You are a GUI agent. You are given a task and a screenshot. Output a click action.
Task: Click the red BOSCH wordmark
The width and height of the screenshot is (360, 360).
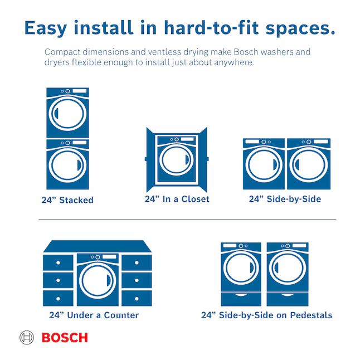65,338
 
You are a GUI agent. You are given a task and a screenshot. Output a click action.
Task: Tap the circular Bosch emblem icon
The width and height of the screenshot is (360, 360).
27,338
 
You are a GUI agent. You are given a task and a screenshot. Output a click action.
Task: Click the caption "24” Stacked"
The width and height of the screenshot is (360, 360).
67,200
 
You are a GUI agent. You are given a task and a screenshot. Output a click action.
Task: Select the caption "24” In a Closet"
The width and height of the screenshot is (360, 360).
177,199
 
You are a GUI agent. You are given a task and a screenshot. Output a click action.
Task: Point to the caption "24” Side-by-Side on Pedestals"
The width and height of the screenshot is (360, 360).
266,315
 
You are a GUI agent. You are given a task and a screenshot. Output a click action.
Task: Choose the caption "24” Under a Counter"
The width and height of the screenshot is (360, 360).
94,315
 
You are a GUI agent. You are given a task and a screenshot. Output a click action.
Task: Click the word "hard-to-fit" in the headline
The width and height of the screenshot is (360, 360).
211,28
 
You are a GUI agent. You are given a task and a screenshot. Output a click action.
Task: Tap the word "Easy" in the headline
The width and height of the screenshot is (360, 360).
46,28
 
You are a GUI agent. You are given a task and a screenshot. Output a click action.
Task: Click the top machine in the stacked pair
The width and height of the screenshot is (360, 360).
68,113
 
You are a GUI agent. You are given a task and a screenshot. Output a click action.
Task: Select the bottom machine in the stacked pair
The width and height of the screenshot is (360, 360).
68,164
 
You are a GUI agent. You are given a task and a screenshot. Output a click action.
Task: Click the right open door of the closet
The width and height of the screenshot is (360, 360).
203,159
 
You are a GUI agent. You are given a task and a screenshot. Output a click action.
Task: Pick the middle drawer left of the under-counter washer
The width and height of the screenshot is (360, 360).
58,280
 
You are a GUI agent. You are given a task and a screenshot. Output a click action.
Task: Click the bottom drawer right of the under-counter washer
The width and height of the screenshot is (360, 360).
137,298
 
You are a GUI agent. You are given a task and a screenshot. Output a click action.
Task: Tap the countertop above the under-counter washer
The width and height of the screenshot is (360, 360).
98,246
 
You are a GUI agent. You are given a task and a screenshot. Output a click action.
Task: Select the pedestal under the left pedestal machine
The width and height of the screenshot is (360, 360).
241,299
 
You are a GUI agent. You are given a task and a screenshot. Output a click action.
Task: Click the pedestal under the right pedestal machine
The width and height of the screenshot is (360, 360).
288,299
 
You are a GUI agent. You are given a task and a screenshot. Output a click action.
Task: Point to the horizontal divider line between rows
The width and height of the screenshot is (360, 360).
187,219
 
